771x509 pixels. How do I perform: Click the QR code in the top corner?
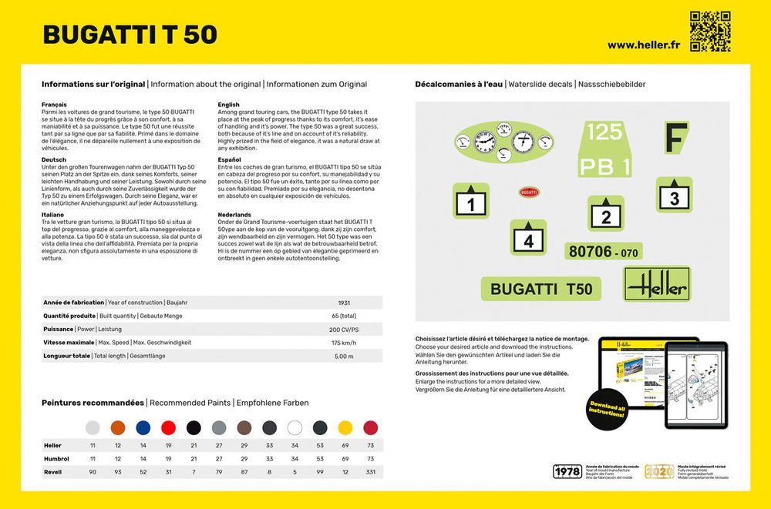pyautogui.click(x=709, y=31)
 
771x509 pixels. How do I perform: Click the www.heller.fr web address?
pyautogui.click(x=644, y=45)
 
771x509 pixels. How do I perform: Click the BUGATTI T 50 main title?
pyautogui.click(x=130, y=35)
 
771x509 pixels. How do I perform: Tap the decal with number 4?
pyautogui.click(x=528, y=237)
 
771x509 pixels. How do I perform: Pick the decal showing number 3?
pyautogui.click(x=674, y=195)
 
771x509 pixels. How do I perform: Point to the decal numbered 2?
pyautogui.click(x=606, y=213)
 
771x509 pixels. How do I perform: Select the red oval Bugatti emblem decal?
pyautogui.click(x=529, y=193)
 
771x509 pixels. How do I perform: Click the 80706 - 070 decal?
pyautogui.click(x=604, y=251)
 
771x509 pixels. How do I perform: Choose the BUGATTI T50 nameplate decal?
pyautogui.click(x=542, y=289)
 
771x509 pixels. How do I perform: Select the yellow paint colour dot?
pyautogui.click(x=345, y=427)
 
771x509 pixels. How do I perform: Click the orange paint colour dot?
pyautogui.click(x=117, y=427)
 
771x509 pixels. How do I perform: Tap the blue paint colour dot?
pyautogui.click(x=143, y=427)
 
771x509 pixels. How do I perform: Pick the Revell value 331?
pyautogui.click(x=371, y=471)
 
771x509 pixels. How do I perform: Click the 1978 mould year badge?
pyautogui.click(x=567, y=471)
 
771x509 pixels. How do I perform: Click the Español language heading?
pyautogui.click(x=229, y=159)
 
